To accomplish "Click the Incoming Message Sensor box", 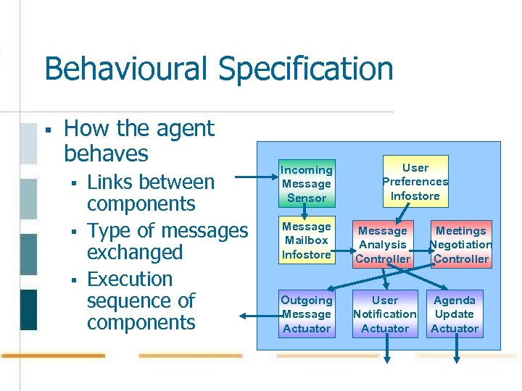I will [x=307, y=183].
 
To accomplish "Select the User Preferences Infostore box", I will [x=415, y=182].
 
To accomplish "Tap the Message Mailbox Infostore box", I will [x=307, y=240].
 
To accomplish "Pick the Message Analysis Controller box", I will [x=383, y=245].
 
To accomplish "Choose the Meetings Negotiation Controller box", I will [x=461, y=245].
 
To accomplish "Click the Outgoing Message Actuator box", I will [x=307, y=314].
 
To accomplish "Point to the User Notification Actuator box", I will [x=384, y=314].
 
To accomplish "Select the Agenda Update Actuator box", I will [x=455, y=314].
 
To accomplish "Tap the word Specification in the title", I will [x=305, y=70].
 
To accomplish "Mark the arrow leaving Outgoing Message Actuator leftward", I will [x=257, y=315].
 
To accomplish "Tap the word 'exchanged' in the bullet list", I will [x=135, y=253].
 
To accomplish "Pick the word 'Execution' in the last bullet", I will [x=130, y=279].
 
